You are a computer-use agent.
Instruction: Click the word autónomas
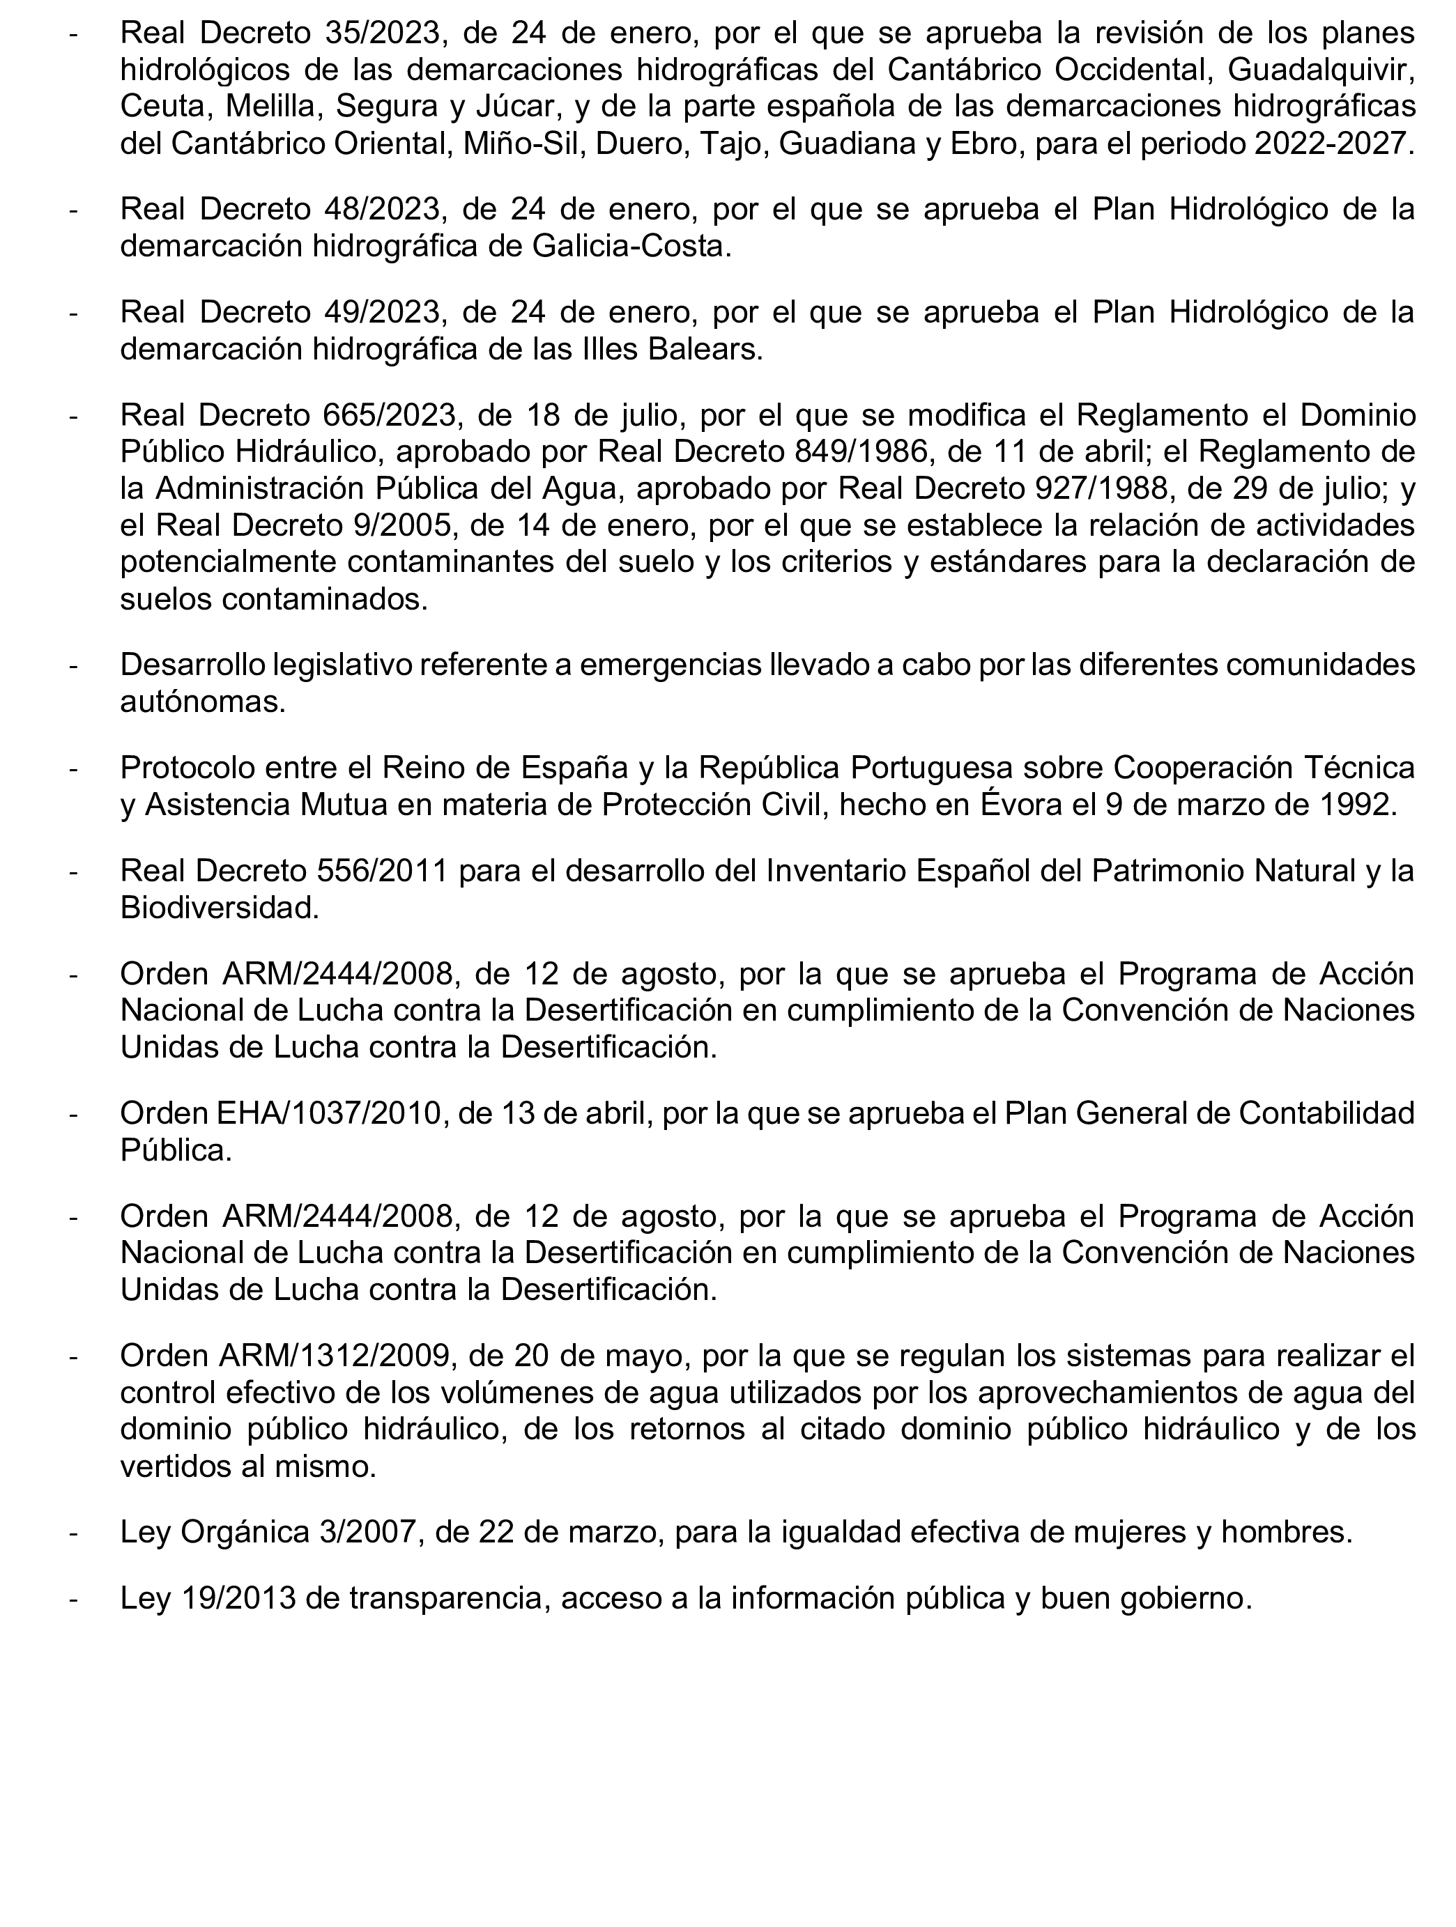coord(202,702)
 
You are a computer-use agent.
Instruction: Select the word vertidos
coord(178,1466)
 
